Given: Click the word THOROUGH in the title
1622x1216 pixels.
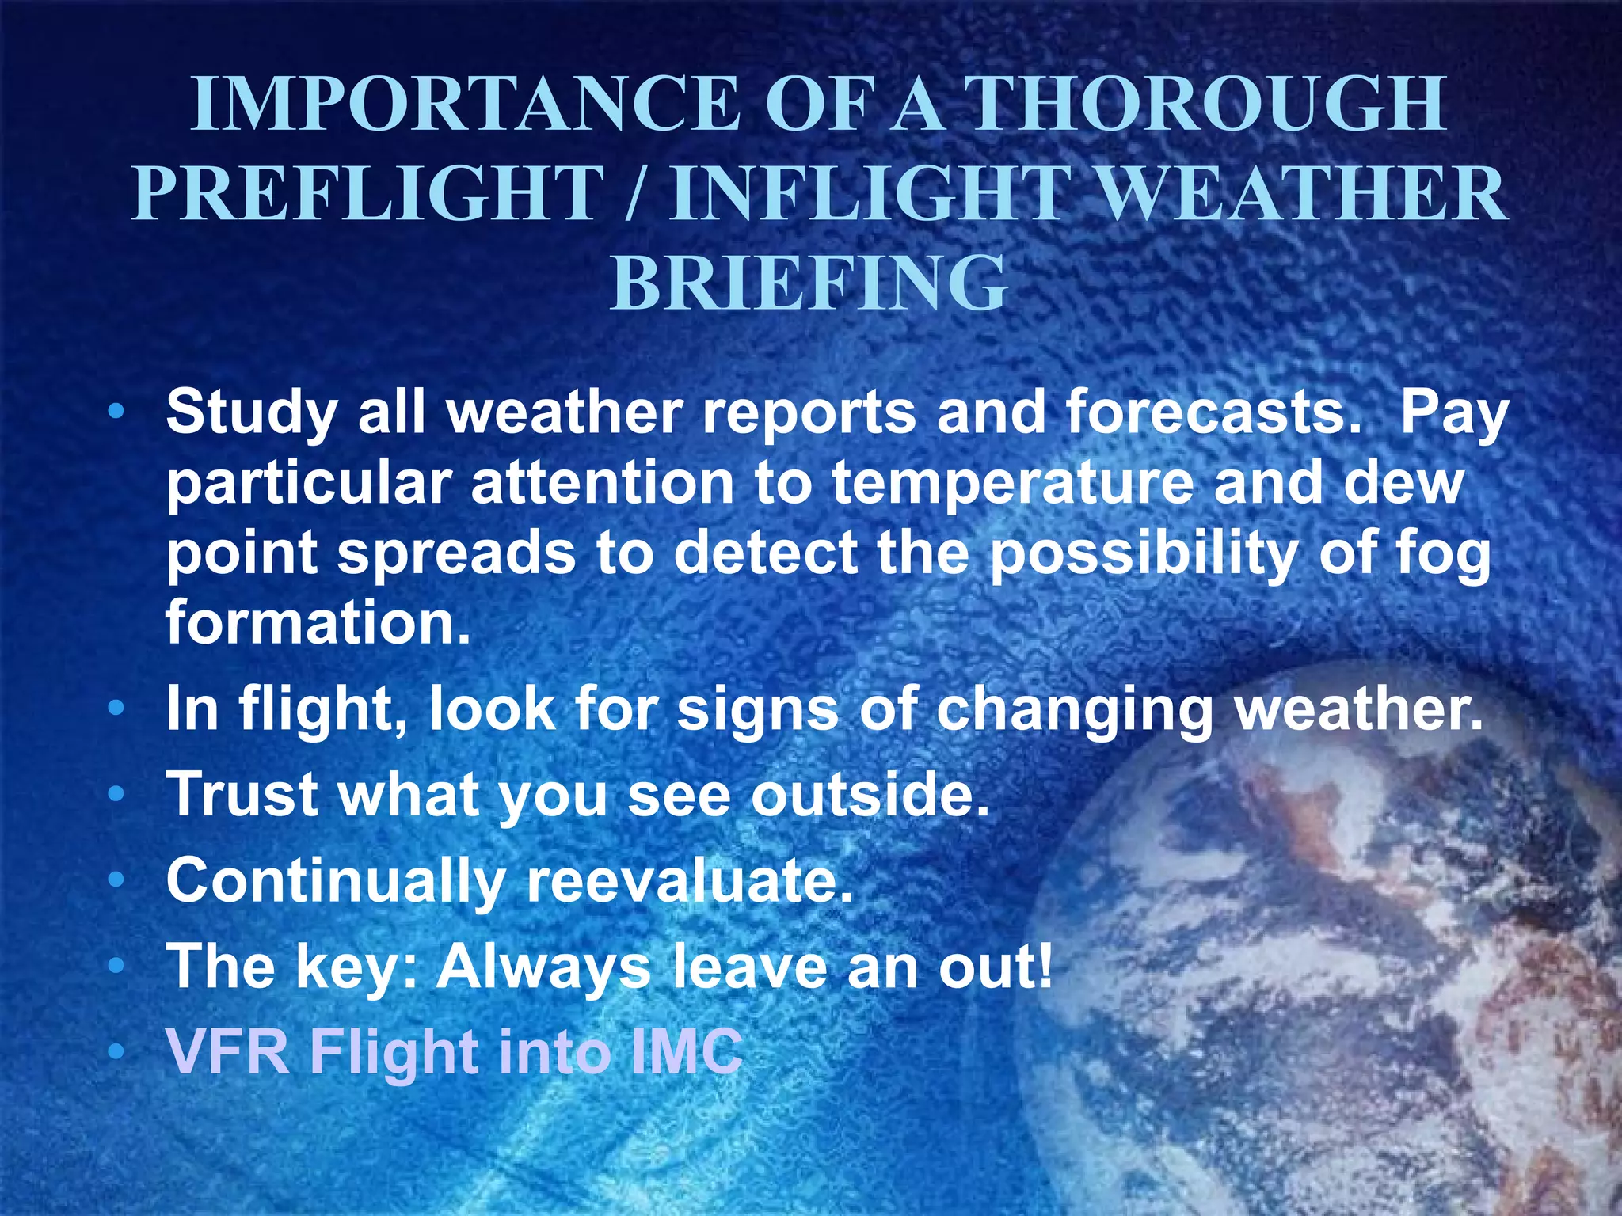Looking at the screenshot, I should (1208, 104).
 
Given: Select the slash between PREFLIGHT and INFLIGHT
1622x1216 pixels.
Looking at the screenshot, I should (634, 194).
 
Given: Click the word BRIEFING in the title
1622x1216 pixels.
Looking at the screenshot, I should (809, 283).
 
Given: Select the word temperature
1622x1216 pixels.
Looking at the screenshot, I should (1012, 483).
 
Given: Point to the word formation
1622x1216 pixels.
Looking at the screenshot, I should (318, 623).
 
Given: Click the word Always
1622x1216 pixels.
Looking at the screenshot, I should (543, 967).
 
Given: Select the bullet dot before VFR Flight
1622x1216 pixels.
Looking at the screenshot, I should (116, 1052).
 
